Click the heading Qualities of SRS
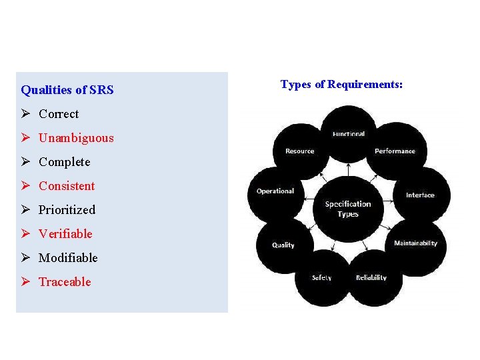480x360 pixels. click(67, 89)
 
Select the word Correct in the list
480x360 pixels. click(59, 114)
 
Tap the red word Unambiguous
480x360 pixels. click(76, 138)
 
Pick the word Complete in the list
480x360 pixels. click(64, 162)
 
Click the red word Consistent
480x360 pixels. click(67, 186)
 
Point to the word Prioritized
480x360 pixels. click(67, 210)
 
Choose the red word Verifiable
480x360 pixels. click(65, 234)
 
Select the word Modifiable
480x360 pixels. click(68, 258)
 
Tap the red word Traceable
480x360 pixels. click(65, 282)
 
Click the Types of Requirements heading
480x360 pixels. click(341, 85)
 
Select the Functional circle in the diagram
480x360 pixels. click(349, 134)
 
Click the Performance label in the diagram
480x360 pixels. click(395, 151)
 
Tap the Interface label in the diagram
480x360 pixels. click(420, 195)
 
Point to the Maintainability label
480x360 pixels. click(415, 243)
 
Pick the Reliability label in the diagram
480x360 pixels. click(371, 278)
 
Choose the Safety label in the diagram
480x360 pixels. click(321, 278)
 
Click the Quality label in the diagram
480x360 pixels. click(283, 245)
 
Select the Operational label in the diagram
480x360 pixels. click(275, 191)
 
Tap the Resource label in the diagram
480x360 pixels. click(299, 151)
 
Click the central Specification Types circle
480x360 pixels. click(348, 209)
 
